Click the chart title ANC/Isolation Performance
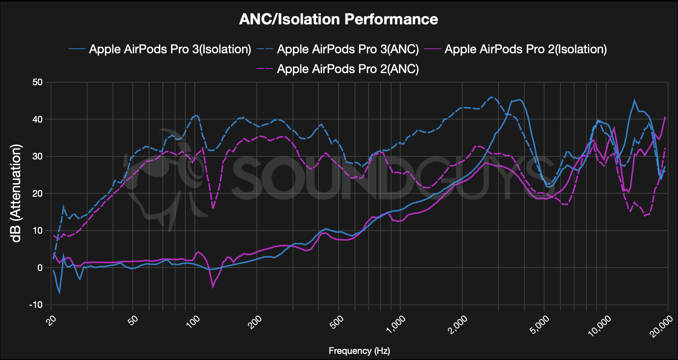tap(339, 19)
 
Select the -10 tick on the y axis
tap(36, 305)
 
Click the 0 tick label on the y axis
tap(40, 268)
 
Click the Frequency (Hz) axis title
tap(359, 350)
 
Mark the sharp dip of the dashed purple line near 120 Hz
tap(213, 208)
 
